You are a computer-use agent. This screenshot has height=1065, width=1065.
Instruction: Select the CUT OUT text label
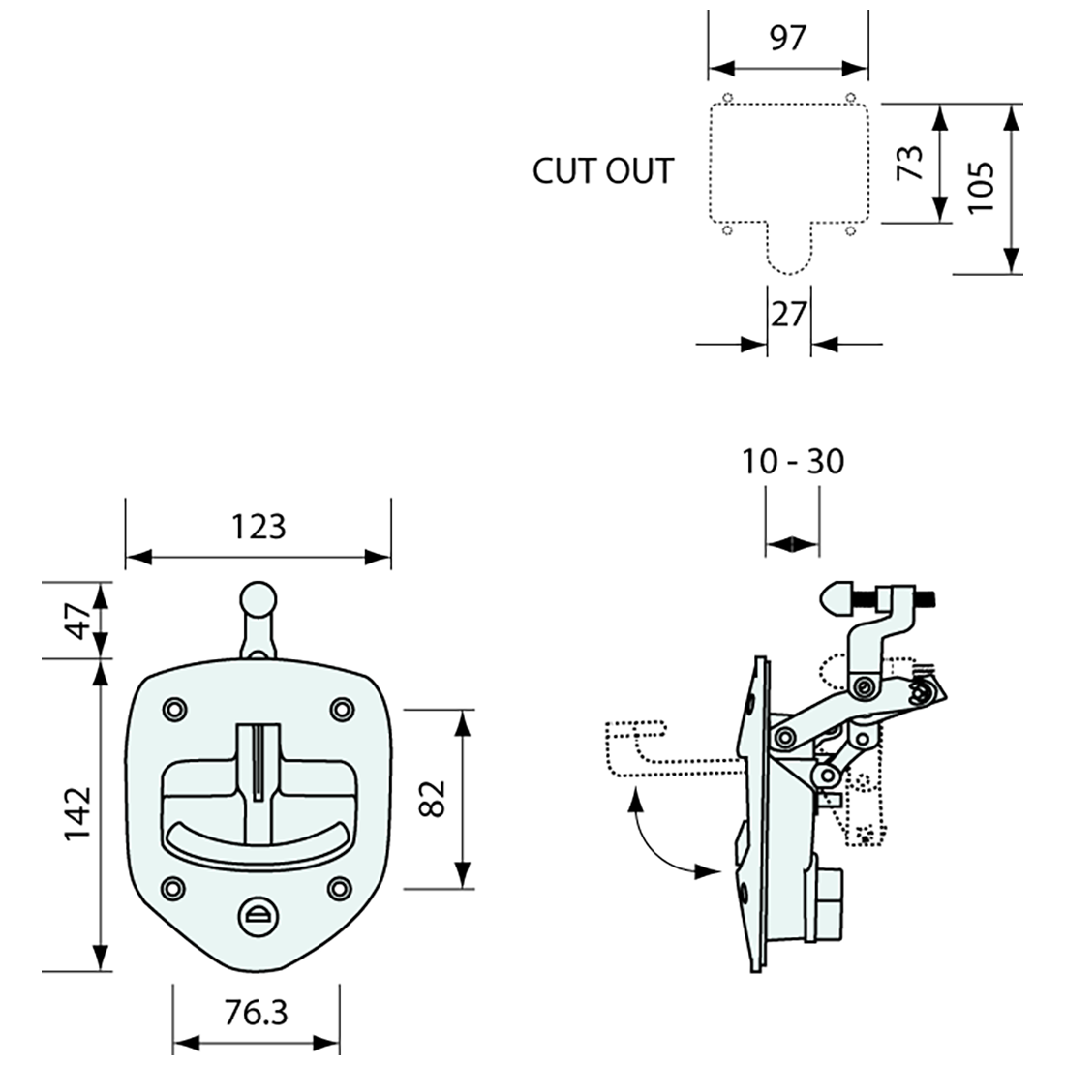(602, 171)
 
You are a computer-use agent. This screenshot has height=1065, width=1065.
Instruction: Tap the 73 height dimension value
(907, 164)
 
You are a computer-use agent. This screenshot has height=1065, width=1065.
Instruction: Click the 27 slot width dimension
(788, 315)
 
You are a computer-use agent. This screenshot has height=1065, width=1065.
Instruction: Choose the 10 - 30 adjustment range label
(793, 462)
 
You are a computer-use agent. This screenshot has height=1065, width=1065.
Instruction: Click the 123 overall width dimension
(259, 527)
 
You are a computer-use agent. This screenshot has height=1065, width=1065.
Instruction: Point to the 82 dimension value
(432, 798)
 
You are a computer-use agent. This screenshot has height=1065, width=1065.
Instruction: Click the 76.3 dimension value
(256, 1013)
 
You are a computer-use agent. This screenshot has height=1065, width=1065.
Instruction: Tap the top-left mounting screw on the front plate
(174, 710)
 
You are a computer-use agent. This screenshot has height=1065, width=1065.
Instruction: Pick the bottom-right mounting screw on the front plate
(339, 886)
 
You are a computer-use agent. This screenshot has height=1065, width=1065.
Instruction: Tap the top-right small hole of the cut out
(850, 97)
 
